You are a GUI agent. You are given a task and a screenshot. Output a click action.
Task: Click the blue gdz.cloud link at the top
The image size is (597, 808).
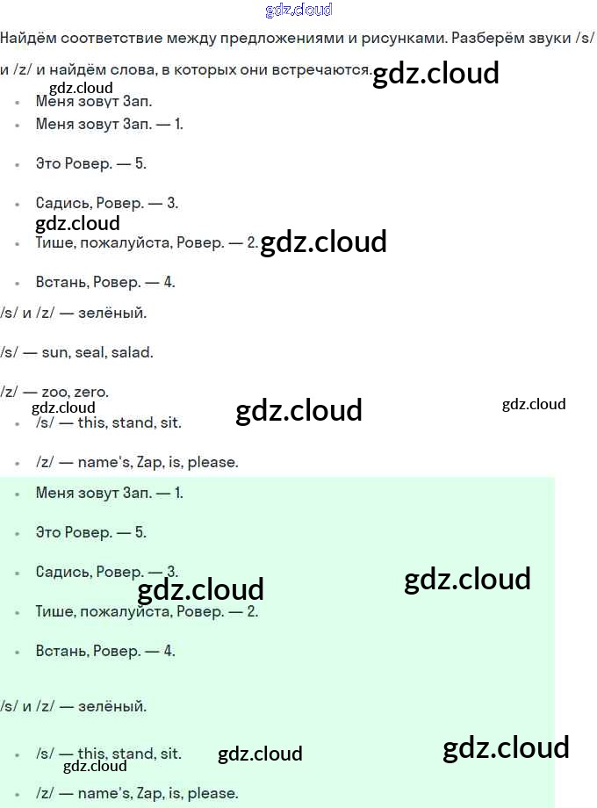click(x=298, y=11)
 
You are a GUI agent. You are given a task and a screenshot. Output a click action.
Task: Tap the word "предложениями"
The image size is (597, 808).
click(x=256, y=39)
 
